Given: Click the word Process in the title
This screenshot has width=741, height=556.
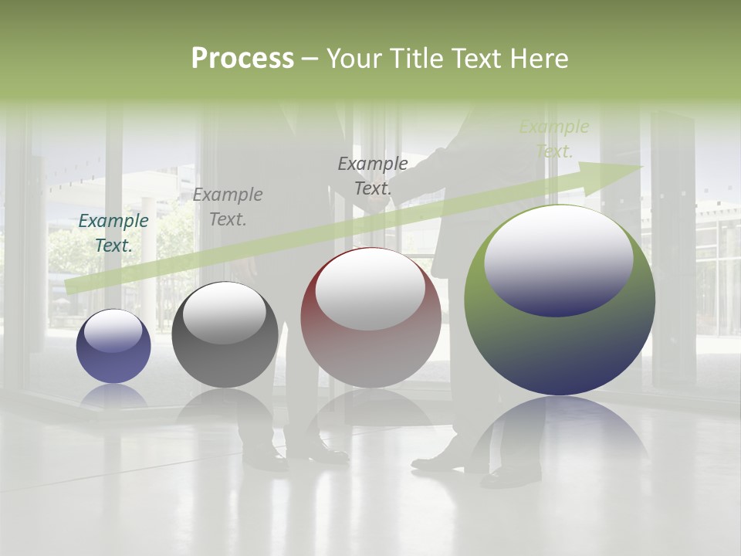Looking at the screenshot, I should click(242, 58).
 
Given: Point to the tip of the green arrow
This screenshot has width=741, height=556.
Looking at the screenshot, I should click(641, 167).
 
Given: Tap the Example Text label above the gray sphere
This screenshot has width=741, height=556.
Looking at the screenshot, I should click(228, 207).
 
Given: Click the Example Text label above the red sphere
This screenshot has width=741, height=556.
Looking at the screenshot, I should click(373, 175).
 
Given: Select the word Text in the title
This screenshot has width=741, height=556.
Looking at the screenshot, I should click(478, 59).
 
